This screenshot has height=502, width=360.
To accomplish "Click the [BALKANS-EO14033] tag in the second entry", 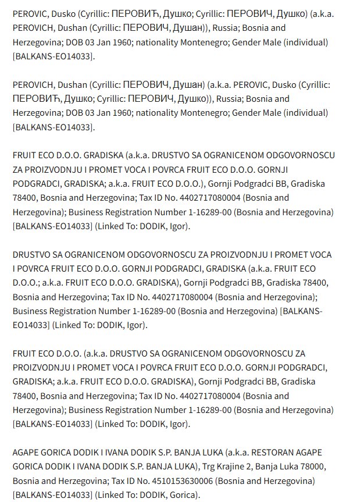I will tap(53, 127).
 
